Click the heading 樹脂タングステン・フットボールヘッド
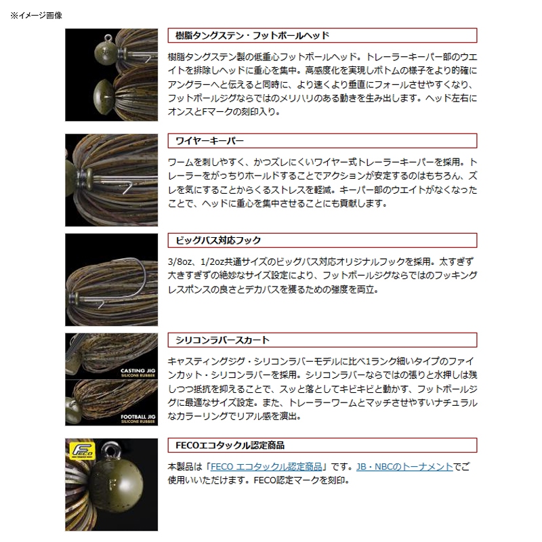[x=252, y=36]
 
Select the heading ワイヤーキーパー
[x=209, y=141]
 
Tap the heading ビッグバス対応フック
[x=218, y=241]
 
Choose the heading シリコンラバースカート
[x=222, y=341]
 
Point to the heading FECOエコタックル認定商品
[x=230, y=446]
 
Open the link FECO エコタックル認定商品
[x=266, y=467]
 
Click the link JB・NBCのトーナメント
[x=404, y=467]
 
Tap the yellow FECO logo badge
[x=82, y=451]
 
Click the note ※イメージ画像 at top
[x=37, y=16]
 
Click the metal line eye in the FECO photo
[x=111, y=451]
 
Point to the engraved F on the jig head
[x=112, y=484]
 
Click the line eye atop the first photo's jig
[x=108, y=37]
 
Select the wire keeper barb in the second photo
[x=127, y=188]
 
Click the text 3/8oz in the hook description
[x=180, y=262]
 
